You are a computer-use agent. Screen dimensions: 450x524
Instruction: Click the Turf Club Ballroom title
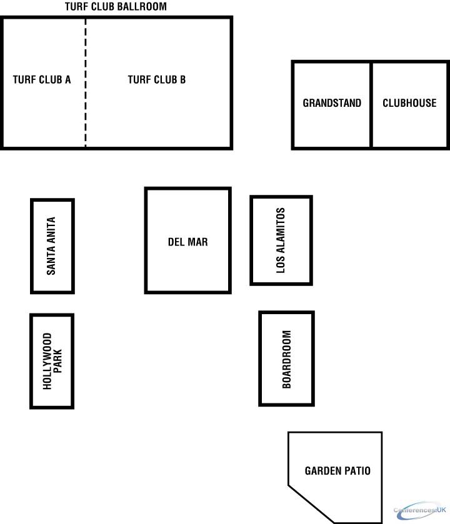point(116,6)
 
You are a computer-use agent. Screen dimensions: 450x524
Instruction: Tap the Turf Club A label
point(42,79)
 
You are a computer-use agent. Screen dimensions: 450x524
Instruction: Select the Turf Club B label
point(156,79)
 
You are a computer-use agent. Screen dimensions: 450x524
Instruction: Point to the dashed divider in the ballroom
point(86,82)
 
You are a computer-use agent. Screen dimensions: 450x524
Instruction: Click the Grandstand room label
point(332,103)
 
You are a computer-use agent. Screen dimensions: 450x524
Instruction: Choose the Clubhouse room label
point(409,103)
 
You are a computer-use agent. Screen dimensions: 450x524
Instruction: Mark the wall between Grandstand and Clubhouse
point(371,105)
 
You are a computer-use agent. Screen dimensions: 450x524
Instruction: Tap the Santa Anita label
point(51,246)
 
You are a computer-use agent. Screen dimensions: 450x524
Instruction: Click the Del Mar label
point(188,242)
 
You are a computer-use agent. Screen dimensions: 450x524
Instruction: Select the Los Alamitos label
point(281,240)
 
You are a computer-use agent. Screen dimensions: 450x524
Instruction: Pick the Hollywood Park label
point(52,361)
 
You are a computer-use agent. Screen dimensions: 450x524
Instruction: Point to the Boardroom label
point(286,359)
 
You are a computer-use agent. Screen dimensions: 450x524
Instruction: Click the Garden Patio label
point(337,471)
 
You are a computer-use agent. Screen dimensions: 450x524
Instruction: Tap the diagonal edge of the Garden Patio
point(311,504)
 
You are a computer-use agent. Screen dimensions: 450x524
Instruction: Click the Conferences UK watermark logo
point(420,510)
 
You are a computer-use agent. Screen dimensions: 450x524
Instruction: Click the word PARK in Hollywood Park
point(57,361)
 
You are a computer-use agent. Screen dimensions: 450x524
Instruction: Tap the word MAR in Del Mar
point(199,242)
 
